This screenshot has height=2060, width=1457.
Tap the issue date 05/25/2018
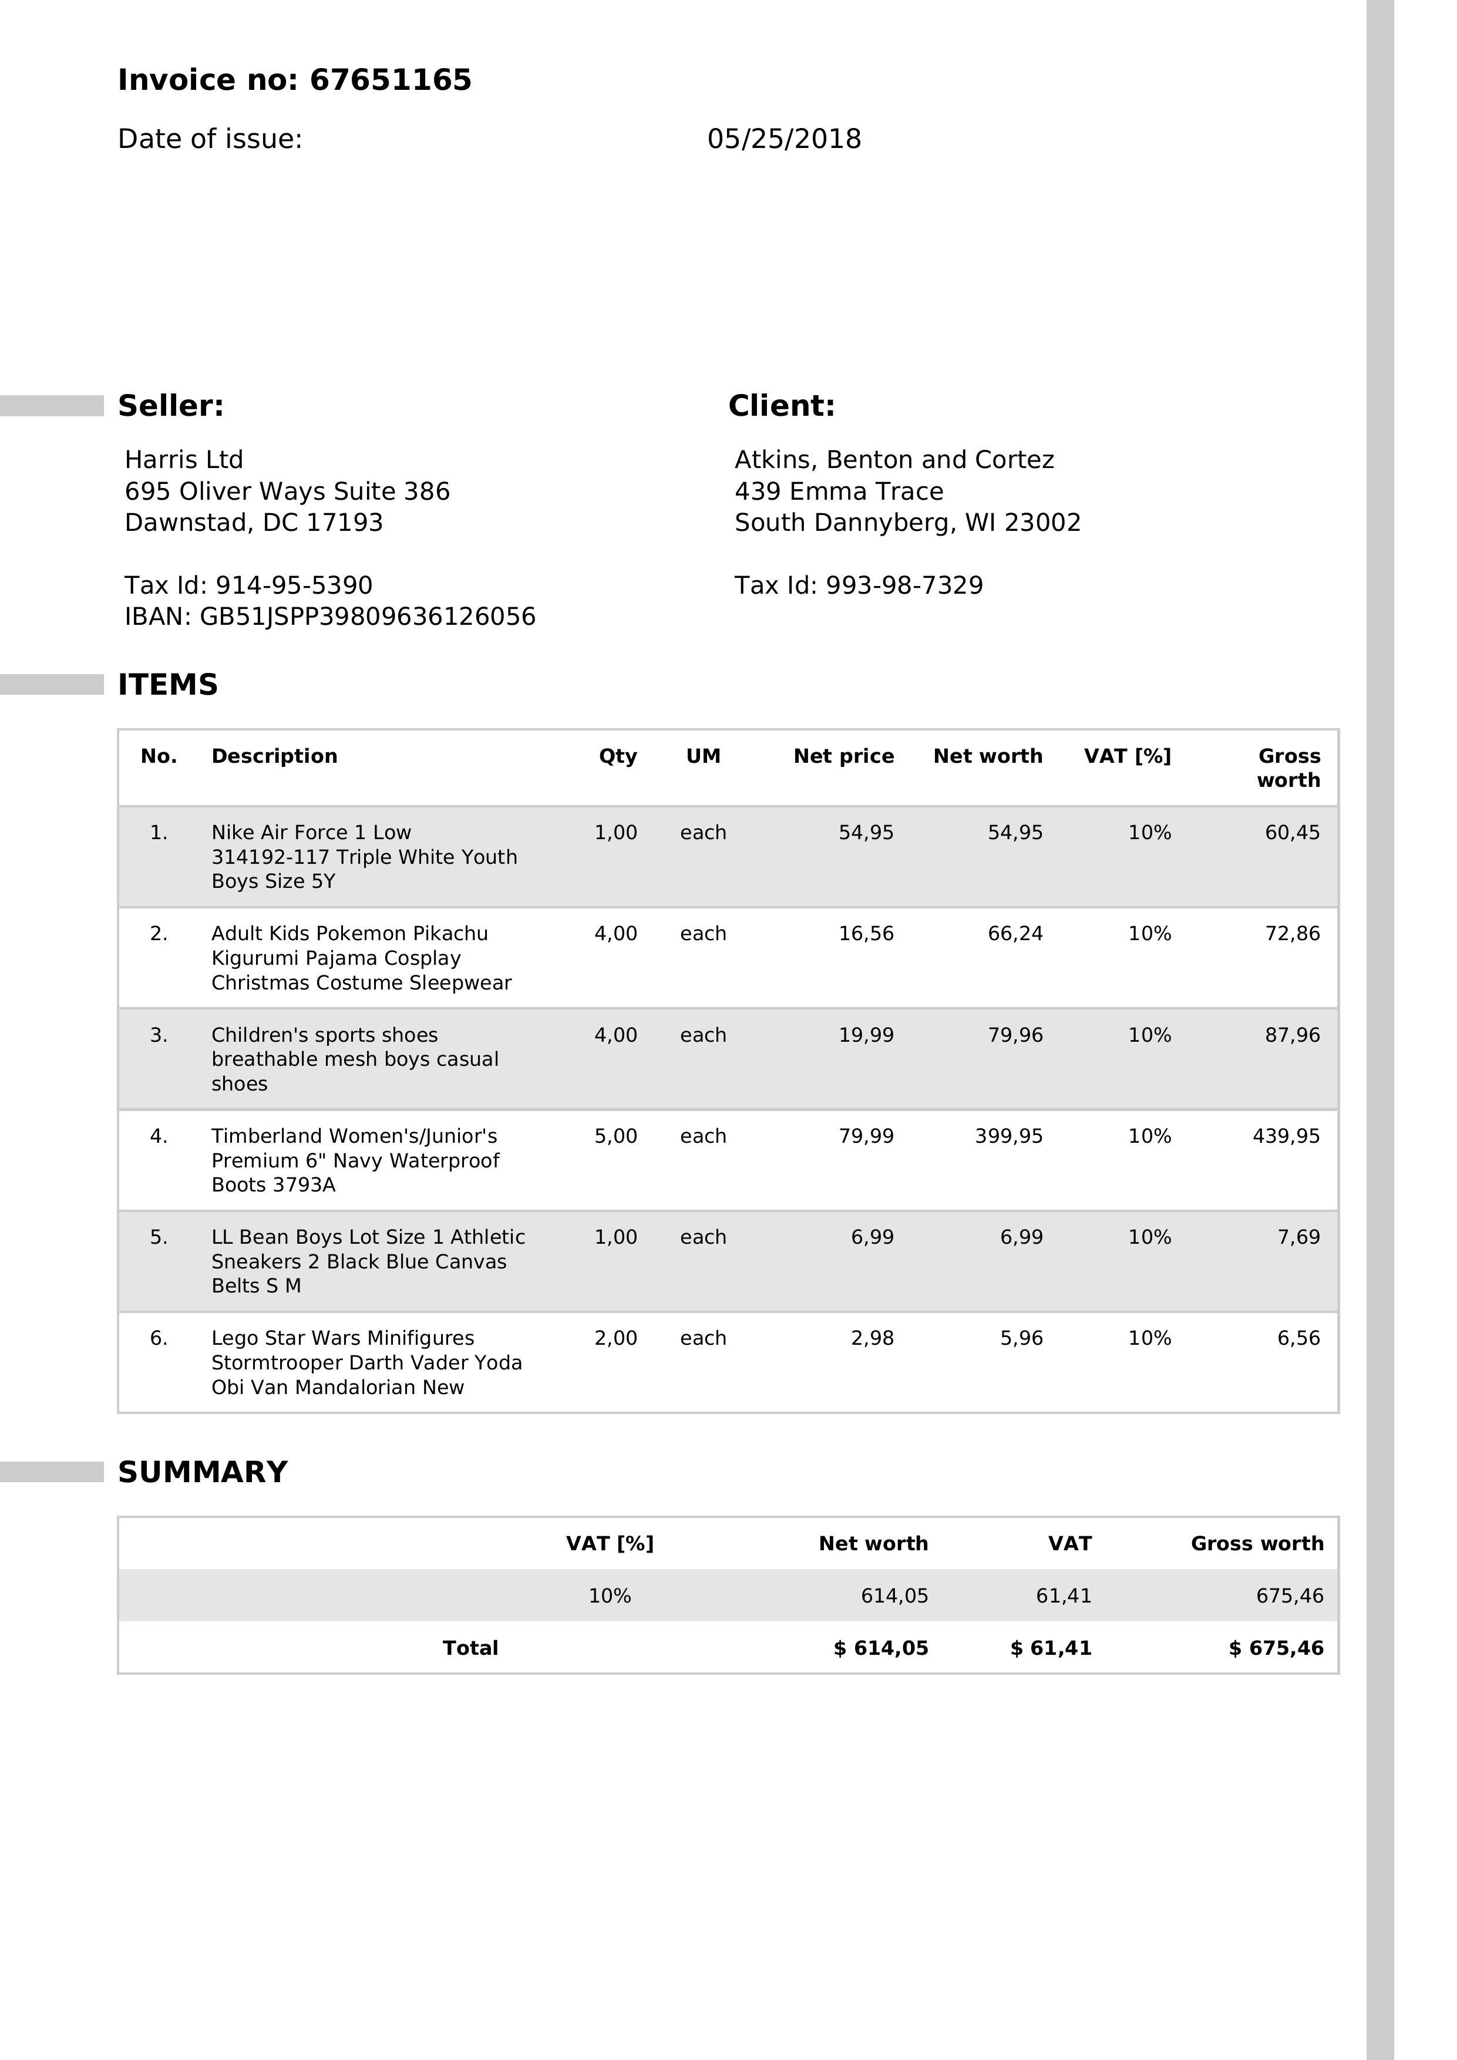click(x=783, y=139)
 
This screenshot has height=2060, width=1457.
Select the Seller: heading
click(x=170, y=406)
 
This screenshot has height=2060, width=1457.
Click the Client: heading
click(x=780, y=406)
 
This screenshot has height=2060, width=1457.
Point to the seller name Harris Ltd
click(x=184, y=459)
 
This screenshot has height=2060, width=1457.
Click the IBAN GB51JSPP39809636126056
click(x=367, y=617)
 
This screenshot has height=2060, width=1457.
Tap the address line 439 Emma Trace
click(x=838, y=491)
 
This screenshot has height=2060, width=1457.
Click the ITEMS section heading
click(x=168, y=685)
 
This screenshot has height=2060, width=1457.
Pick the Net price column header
click(x=843, y=756)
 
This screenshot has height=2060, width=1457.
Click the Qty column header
click(x=617, y=756)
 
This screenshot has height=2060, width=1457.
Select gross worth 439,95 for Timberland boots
click(x=1286, y=1136)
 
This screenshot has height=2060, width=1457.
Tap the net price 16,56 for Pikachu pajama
click(x=866, y=933)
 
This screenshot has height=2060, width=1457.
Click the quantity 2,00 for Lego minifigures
click(x=615, y=1338)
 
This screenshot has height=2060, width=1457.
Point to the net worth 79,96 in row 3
click(x=1015, y=1035)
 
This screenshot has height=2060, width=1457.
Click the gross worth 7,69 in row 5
click(x=1298, y=1236)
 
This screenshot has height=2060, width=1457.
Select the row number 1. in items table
click(x=159, y=833)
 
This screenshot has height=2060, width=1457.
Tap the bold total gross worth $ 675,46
click(x=1276, y=1647)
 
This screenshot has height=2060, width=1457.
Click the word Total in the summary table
click(x=470, y=1647)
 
